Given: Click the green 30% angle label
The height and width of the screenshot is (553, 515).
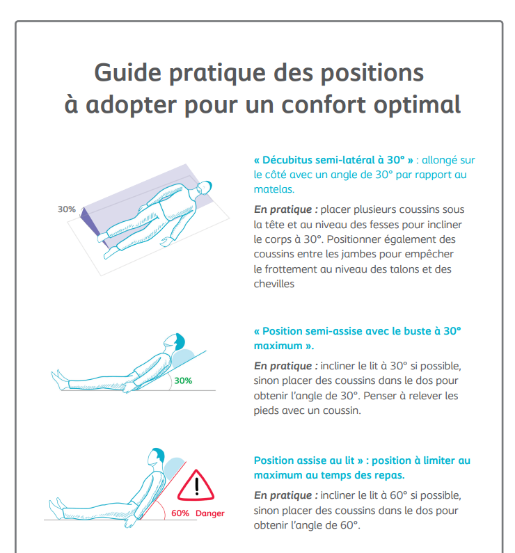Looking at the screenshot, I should coord(183,380).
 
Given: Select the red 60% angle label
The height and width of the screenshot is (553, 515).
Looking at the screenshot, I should coord(180,513).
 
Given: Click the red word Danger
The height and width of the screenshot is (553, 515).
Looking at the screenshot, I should coord(210,513).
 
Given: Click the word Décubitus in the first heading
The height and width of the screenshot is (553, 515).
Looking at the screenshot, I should coord(290,160).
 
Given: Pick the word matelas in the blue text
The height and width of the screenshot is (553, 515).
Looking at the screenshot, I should coord(274,189).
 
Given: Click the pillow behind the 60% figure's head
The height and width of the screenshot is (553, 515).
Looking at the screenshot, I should coord(175,465).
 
